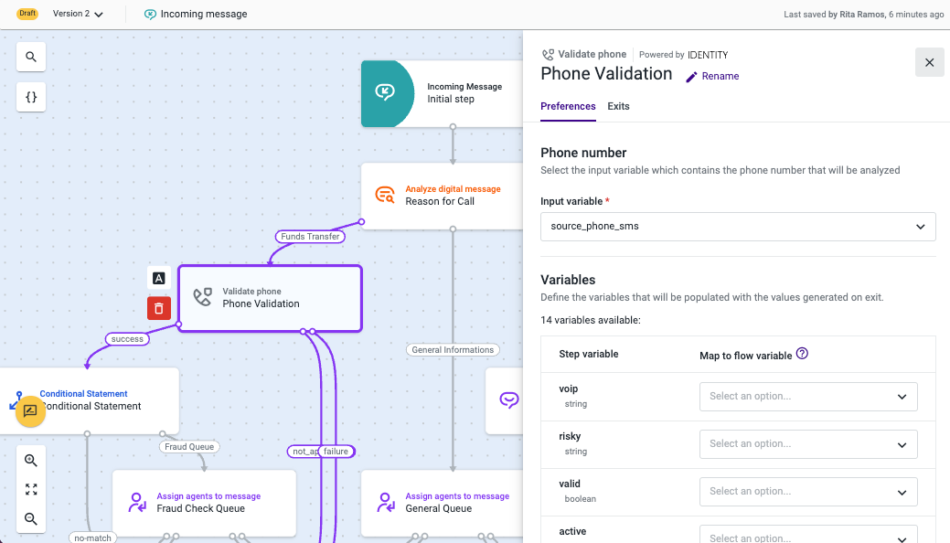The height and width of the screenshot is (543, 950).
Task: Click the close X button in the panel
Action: (929, 62)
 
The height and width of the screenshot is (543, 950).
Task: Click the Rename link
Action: (712, 77)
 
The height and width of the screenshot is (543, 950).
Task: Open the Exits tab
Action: (618, 106)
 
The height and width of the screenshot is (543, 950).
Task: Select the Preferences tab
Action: (568, 106)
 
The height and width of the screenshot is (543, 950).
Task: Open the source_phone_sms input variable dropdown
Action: (738, 227)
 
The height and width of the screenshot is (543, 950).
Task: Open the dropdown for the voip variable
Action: (808, 397)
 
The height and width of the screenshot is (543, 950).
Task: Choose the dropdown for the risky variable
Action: (808, 444)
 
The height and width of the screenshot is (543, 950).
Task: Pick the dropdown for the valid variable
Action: (808, 492)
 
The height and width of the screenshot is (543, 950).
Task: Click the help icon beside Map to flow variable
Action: (802, 353)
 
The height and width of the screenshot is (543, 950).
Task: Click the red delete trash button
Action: (159, 308)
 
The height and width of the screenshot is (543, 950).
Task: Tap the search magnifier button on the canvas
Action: (31, 57)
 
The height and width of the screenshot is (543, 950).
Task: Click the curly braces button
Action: (31, 97)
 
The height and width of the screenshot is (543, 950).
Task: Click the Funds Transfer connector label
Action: (310, 237)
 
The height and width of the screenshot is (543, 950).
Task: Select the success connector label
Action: (127, 339)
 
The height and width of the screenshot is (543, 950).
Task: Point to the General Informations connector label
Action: (453, 350)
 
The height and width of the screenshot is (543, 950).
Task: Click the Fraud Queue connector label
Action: (189, 447)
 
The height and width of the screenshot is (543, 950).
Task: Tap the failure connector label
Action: (336, 451)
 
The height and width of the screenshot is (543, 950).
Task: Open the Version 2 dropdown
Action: (78, 14)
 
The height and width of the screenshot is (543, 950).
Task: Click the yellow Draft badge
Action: (27, 14)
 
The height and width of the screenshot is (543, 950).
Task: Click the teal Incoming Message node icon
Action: (385, 92)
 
